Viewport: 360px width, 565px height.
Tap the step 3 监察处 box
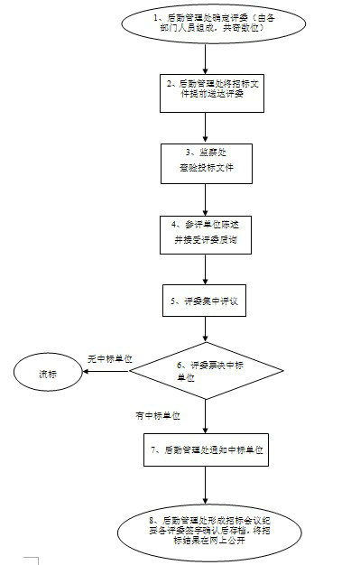pyautogui.click(x=207, y=161)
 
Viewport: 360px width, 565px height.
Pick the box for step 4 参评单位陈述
pyautogui.click(x=206, y=231)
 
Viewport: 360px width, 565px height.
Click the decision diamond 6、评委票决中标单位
pyautogui.click(x=206, y=371)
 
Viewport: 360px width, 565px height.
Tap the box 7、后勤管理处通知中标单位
pyautogui.click(x=207, y=448)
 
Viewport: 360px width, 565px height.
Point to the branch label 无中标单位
pyautogui.click(x=109, y=358)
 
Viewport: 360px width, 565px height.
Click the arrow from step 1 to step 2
pyautogui.click(x=207, y=55)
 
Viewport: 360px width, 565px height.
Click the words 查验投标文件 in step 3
pyautogui.click(x=207, y=168)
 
